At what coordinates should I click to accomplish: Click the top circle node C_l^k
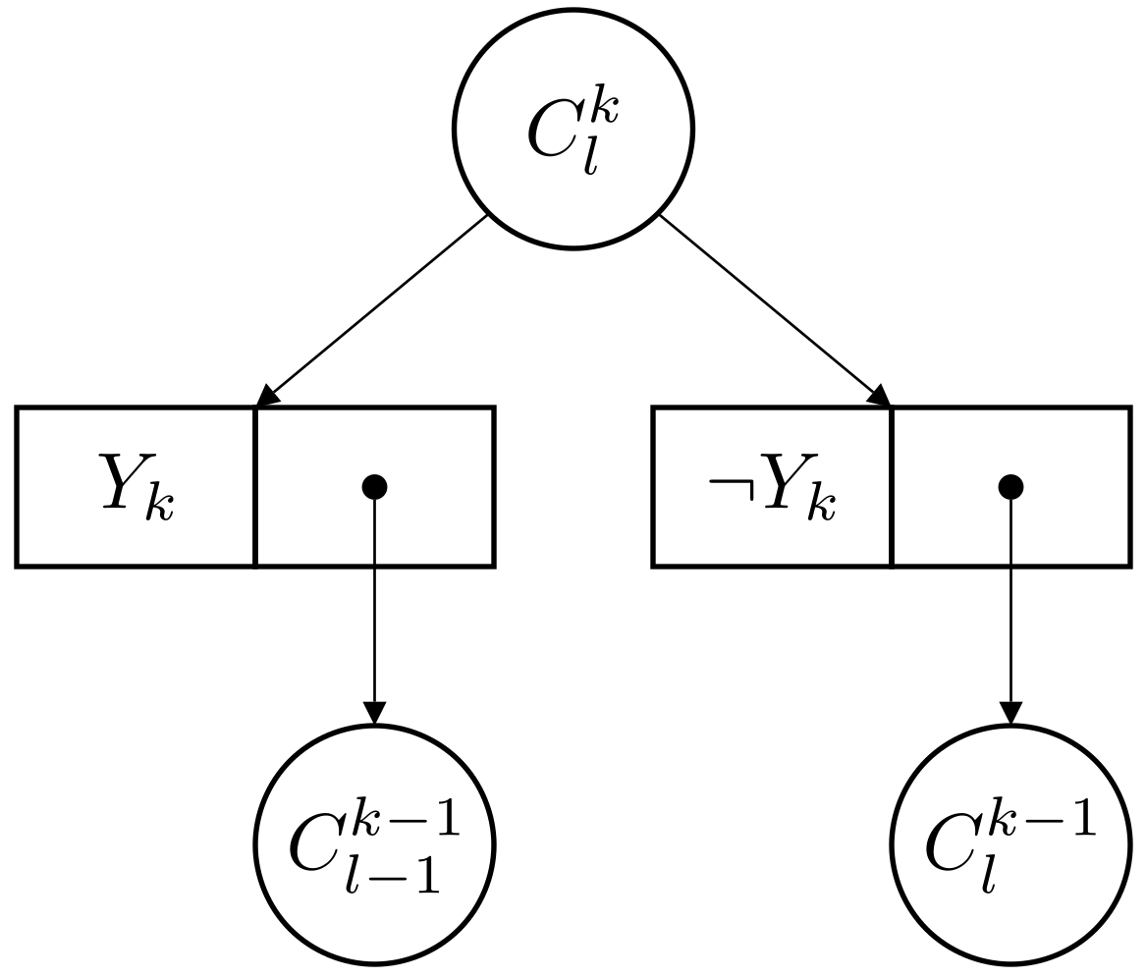tap(573, 129)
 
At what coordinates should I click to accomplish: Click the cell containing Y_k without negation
tap(136, 487)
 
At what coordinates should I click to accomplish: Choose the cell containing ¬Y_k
tap(772, 487)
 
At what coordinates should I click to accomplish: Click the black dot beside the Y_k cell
tap(374, 485)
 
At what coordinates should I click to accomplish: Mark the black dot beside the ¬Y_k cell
tap(1010, 485)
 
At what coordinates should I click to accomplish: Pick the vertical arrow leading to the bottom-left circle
tap(374, 609)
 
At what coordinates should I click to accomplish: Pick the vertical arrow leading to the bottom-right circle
tap(1010, 609)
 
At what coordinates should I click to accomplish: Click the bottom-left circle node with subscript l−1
tap(374, 844)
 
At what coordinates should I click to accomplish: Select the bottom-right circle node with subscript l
tap(1010, 844)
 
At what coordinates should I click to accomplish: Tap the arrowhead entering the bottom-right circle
tap(1010, 713)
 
